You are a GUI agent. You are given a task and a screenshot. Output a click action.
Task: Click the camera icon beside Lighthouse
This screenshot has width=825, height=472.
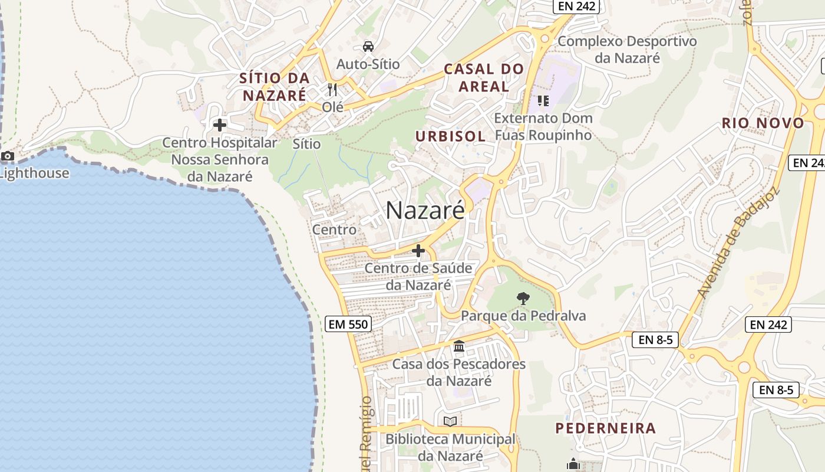8,156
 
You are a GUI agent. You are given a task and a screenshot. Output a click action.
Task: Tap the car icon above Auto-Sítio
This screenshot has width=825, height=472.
368,47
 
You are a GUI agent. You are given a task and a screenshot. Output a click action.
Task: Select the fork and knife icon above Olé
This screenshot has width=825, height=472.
333,90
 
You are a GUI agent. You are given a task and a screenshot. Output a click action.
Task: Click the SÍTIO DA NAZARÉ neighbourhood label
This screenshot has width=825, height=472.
274,86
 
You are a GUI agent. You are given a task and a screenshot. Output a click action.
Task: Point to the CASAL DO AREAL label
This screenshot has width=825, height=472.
484,77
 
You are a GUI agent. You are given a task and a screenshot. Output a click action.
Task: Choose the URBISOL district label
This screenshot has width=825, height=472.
451,136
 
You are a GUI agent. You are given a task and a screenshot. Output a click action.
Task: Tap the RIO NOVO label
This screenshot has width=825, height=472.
763,123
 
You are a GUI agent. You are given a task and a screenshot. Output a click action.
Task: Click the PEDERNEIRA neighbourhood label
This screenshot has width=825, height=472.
606,428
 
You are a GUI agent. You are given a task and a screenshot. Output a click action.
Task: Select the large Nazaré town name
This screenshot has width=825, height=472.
425,211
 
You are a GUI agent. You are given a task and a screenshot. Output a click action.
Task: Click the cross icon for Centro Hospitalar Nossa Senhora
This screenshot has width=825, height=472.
220,125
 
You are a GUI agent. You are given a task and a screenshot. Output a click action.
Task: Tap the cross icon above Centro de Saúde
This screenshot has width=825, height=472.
418,251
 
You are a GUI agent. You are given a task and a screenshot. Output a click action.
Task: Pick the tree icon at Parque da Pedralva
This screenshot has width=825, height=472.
523,299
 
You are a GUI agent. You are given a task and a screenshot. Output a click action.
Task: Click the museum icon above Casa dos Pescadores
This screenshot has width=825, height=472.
459,346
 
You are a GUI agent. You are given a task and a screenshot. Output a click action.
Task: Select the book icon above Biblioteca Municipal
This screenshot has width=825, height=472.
450,421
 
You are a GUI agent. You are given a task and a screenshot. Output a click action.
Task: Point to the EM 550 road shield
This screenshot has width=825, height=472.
348,324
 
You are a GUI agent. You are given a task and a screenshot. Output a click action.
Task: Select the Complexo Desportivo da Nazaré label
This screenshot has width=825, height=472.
627,50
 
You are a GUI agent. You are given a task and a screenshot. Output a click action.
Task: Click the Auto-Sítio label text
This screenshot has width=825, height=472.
368,64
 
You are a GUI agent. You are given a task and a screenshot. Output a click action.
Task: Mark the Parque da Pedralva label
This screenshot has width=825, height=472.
523,316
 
